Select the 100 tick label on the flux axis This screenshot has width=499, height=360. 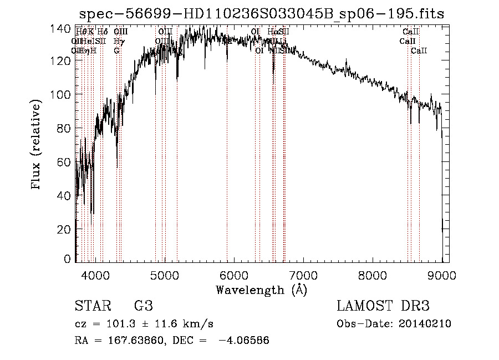tap(63, 94)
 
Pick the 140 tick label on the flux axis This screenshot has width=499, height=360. tap(63, 27)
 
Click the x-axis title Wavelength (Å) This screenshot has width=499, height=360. tap(261, 290)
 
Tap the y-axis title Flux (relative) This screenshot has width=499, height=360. tap(37, 145)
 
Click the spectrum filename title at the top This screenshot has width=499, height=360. tap(262, 14)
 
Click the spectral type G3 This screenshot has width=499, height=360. tap(144, 306)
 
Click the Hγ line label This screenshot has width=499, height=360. tap(118, 41)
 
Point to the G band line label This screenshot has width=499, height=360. tap(116, 50)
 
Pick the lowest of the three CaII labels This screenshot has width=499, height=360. tap(419, 50)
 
